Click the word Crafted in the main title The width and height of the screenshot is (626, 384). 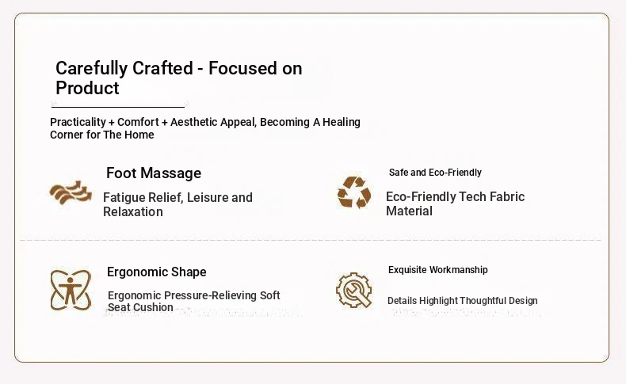coord(162,68)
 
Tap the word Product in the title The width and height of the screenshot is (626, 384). coord(87,88)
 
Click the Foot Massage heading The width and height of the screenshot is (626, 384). coord(154,173)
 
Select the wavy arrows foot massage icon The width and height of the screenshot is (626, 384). coord(71,192)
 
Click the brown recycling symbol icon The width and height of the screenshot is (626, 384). coord(354,192)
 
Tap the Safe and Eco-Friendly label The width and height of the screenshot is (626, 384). coord(435,173)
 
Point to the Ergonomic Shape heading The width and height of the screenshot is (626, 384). coord(157,272)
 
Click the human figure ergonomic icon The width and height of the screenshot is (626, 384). coord(71,290)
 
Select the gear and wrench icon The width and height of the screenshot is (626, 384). coord(353,290)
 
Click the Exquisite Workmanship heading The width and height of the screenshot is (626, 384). coord(438,270)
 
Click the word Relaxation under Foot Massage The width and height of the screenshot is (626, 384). coord(133,211)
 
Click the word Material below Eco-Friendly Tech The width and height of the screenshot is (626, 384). coord(409,211)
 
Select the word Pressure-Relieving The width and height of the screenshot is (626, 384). coord(211,295)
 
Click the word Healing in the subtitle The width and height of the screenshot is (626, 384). coord(342,122)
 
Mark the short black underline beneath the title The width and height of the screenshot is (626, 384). coord(118,107)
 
